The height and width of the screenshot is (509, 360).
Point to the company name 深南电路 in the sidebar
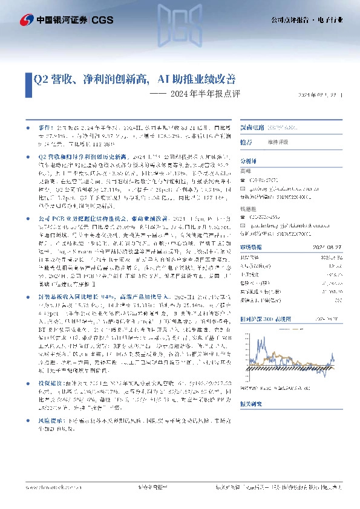(252, 128)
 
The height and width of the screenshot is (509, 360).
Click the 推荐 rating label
(246, 142)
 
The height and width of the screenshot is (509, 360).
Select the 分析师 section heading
(249, 162)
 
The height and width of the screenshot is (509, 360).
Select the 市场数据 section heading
(250, 247)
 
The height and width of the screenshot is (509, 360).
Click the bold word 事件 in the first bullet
(45, 129)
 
